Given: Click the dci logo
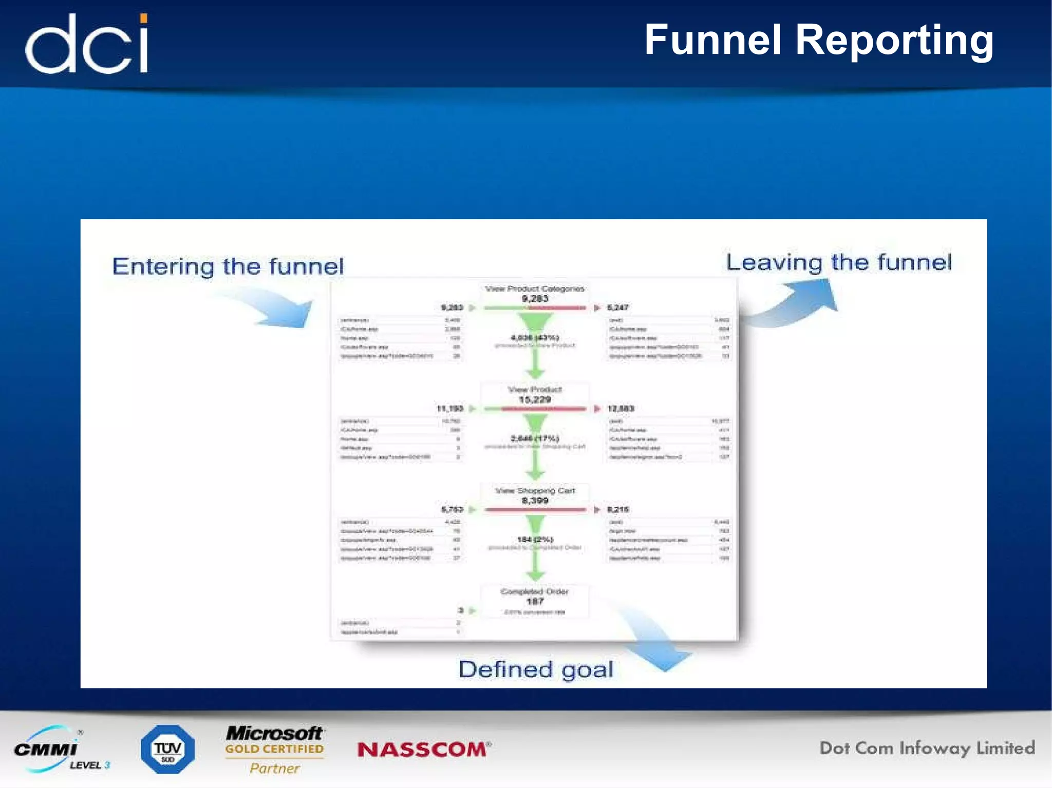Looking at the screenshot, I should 86,44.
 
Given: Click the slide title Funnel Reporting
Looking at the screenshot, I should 818,40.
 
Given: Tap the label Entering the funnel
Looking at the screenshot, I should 228,266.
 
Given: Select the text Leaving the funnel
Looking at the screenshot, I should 838,262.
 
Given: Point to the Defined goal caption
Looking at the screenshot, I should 535,669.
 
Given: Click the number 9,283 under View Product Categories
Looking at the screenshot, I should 535,298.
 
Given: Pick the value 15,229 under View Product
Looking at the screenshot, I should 535,399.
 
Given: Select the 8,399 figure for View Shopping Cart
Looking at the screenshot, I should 535,501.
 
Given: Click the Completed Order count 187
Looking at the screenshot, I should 535,601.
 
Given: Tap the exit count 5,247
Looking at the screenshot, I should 617,307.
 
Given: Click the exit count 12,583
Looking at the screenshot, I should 621,409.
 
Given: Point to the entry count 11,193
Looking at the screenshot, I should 450,409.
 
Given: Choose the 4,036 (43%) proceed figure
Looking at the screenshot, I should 535,337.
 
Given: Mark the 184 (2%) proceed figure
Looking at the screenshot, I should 535,540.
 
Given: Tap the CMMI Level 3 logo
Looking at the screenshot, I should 59,749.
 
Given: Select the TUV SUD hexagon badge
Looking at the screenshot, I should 167,749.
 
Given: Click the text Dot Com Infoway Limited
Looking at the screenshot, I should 927,748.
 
